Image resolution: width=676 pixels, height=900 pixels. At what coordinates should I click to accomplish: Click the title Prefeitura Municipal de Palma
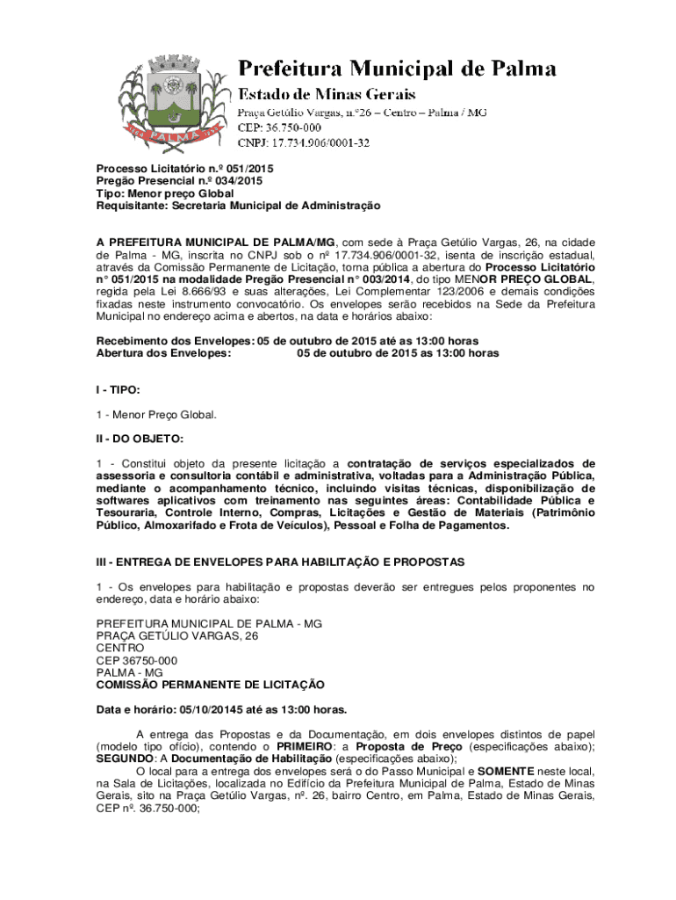[x=398, y=69]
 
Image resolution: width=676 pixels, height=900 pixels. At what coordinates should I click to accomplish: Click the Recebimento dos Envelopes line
[x=287, y=341]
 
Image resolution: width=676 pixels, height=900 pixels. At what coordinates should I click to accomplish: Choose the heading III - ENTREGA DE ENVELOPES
[x=280, y=561]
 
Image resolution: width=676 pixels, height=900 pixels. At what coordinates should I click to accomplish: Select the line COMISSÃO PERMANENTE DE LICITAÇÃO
[x=210, y=685]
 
